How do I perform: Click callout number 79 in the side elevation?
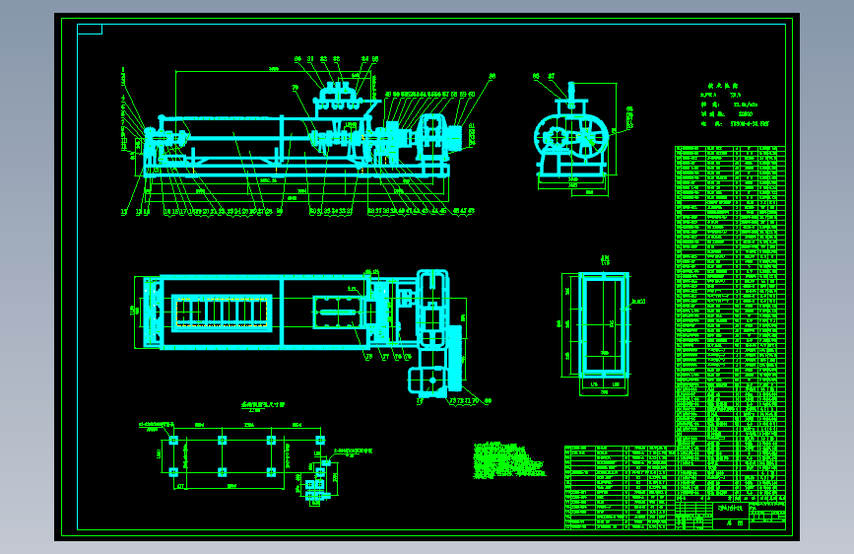coord(296,88)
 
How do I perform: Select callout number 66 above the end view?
coord(537,75)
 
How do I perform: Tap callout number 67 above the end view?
coord(552,75)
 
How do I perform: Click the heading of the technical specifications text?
coord(729,86)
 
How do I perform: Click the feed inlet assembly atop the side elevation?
coord(338,98)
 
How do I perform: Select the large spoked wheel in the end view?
coord(558,138)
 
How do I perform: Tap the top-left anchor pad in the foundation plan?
coord(173,440)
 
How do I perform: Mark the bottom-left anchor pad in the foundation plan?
coord(173,472)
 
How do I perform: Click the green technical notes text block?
coord(506,459)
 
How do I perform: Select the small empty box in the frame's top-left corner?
coord(89,29)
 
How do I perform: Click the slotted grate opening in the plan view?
coord(223,312)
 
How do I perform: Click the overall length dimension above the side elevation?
coord(273,68)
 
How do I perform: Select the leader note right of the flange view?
coord(638,302)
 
